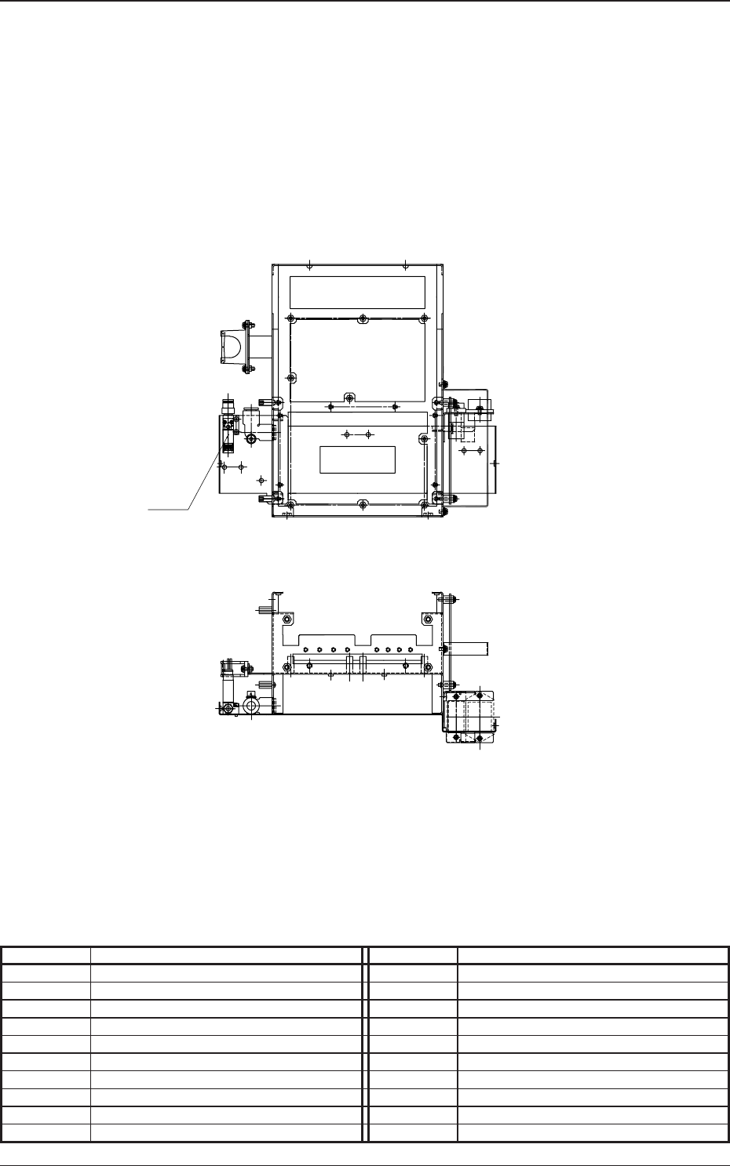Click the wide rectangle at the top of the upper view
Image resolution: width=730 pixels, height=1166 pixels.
pyautogui.click(x=357, y=292)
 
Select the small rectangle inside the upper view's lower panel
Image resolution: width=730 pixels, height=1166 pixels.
pyautogui.click(x=357, y=459)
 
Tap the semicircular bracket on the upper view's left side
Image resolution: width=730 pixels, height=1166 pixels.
pyautogui.click(x=232, y=345)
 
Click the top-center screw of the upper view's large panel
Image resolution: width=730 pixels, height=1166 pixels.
pyautogui.click(x=361, y=318)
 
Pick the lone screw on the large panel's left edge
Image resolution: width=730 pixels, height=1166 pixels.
pyautogui.click(x=291, y=377)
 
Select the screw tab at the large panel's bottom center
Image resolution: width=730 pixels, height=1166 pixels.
pyautogui.click(x=349, y=398)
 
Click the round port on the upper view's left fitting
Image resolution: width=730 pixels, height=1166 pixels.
pyautogui.click(x=250, y=439)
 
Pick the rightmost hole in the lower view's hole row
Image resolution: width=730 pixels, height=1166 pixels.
pyautogui.click(x=413, y=649)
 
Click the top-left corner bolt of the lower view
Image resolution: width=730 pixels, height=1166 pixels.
pyautogui.click(x=287, y=619)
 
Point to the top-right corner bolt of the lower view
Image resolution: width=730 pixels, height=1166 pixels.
pyautogui.click(x=428, y=619)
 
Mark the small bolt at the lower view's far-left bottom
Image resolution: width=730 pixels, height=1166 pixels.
pyautogui.click(x=227, y=709)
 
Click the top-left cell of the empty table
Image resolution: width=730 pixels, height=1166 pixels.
pyautogui.click(x=46, y=955)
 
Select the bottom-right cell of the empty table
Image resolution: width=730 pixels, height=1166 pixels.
pyautogui.click(x=593, y=1132)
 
